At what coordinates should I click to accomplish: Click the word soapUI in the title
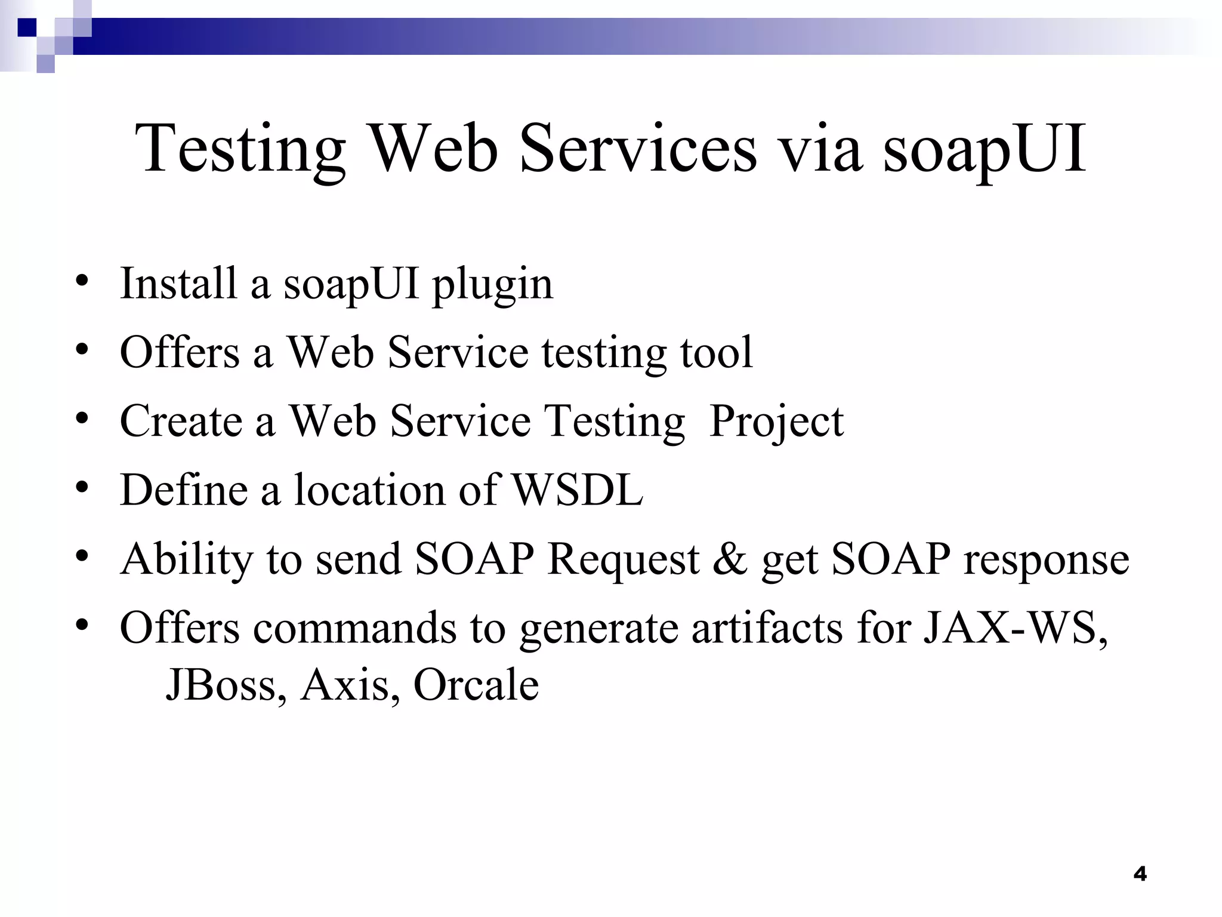click(985, 149)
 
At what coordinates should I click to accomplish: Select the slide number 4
click(1140, 874)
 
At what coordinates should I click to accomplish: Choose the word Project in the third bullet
click(776, 421)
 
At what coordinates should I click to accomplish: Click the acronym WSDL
click(578, 490)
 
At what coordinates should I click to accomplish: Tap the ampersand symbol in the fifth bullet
click(729, 559)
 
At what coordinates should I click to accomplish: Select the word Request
click(623, 561)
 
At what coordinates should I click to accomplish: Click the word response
click(1047, 561)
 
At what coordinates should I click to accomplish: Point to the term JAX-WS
click(1015, 628)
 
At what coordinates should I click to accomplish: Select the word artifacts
click(767, 628)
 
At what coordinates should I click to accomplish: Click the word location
click(369, 490)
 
